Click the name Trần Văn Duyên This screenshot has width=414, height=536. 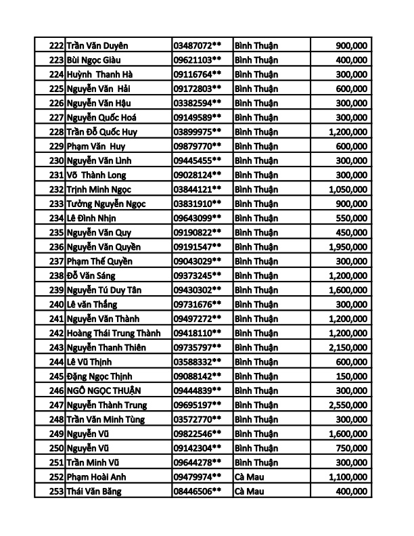tap(98, 45)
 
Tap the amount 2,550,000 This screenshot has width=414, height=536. tap(347, 405)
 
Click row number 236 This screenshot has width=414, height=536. tap(57, 247)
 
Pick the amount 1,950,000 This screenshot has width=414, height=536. tap(347, 247)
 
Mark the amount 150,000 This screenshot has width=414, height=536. tap(352, 376)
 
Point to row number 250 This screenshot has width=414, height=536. tap(57, 448)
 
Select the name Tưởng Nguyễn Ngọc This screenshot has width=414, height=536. tap(106, 204)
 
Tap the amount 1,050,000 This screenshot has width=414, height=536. tap(347, 189)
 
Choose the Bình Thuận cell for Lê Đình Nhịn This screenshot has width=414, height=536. tap(256, 218)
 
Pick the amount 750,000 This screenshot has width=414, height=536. tap(352, 448)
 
